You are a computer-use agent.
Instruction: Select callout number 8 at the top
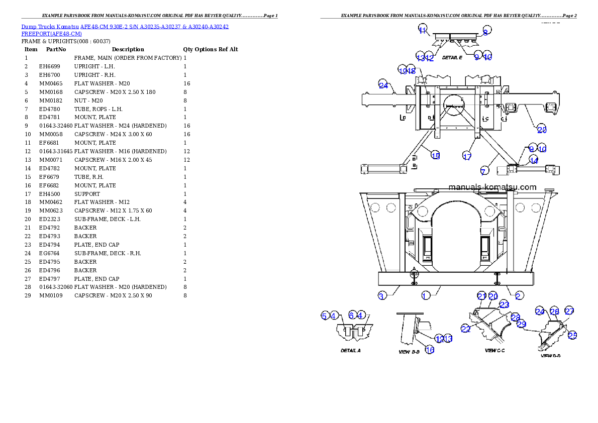485,31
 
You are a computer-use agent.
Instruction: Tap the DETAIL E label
452,58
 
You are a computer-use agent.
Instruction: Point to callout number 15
435,156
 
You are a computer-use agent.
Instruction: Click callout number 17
467,156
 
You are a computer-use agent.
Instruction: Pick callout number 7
483,172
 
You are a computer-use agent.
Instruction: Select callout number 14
534,161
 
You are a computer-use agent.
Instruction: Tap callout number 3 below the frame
381,296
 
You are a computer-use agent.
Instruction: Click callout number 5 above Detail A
325,315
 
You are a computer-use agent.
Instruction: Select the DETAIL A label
350,350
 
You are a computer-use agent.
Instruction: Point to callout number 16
430,350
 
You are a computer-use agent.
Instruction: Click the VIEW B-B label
409,352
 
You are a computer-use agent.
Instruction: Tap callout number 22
465,329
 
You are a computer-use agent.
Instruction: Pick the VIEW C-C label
494,350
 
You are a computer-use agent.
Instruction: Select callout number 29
521,324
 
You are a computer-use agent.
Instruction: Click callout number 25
572,335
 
